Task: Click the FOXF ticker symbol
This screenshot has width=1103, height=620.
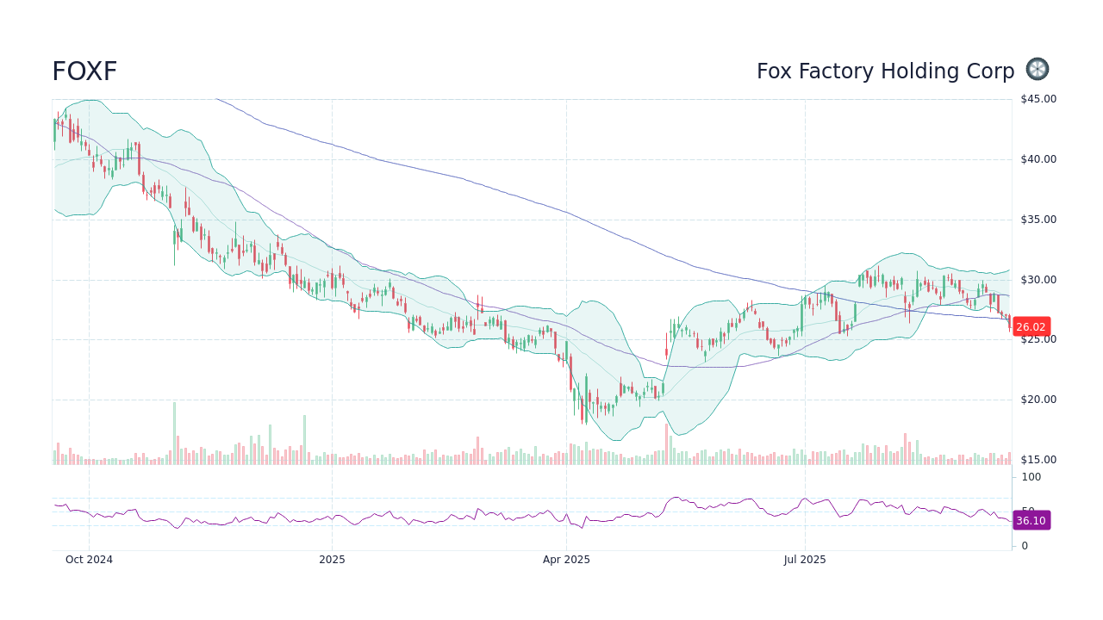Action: [x=84, y=71]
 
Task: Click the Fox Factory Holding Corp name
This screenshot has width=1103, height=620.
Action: [x=885, y=71]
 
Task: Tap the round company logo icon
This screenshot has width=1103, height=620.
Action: [x=1038, y=70]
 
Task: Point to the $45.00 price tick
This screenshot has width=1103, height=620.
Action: [x=1038, y=99]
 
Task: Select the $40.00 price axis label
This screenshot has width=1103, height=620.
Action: [x=1038, y=159]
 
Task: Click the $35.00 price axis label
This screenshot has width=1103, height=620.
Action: [x=1038, y=220]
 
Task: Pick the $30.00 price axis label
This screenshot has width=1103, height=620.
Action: [x=1038, y=280]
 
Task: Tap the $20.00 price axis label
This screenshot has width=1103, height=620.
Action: [x=1038, y=400]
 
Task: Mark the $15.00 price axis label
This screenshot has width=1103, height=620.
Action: [x=1038, y=460]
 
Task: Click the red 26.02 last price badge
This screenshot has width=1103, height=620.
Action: [x=1031, y=327]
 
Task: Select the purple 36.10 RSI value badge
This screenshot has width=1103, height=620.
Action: [x=1031, y=521]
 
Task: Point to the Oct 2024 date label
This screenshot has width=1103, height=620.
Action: [x=89, y=560]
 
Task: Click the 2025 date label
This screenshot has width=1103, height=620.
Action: [x=332, y=560]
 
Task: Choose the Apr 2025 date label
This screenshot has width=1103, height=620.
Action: [x=566, y=560]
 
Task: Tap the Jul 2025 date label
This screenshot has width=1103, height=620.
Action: [x=805, y=560]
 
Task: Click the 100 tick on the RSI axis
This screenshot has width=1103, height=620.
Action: [x=1031, y=477]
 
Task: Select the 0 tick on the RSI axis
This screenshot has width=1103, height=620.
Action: [x=1025, y=546]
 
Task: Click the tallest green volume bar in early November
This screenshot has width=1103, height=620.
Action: [x=174, y=433]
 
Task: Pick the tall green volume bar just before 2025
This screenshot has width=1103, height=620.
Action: [x=304, y=440]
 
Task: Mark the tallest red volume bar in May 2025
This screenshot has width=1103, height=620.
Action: [x=666, y=443]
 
